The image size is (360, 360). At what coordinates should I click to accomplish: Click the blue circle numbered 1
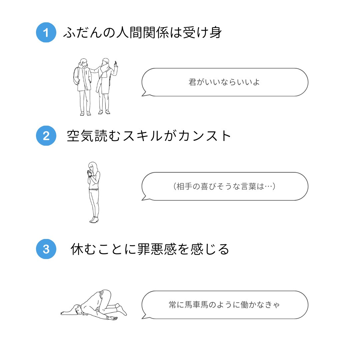[x=46, y=33]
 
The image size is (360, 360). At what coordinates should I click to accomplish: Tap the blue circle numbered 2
[x=46, y=136]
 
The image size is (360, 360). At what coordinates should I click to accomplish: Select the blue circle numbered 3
[x=46, y=249]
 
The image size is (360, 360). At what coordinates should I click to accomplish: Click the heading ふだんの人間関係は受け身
[x=142, y=33]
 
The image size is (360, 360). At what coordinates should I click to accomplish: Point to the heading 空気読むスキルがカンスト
[x=149, y=136]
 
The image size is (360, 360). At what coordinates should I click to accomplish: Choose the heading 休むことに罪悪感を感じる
[x=150, y=249]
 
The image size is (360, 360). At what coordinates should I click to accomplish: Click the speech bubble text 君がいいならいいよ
[x=224, y=82]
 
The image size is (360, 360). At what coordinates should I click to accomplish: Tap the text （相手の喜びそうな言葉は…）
[x=224, y=186]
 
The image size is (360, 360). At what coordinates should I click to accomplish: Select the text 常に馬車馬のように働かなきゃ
[x=224, y=305]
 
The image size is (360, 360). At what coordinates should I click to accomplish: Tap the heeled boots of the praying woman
[x=94, y=219]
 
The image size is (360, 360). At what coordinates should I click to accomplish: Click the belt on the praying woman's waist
[x=94, y=189]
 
